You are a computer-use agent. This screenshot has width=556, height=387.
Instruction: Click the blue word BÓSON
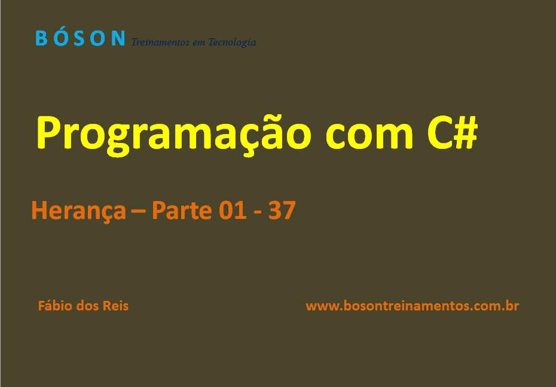(x=80, y=38)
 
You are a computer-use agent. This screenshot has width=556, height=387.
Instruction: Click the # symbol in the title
(x=466, y=132)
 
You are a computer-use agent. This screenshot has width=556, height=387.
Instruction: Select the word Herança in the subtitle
(x=78, y=211)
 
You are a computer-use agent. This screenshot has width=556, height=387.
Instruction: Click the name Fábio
(x=55, y=306)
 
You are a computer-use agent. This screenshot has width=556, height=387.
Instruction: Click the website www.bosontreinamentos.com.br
(x=412, y=306)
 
